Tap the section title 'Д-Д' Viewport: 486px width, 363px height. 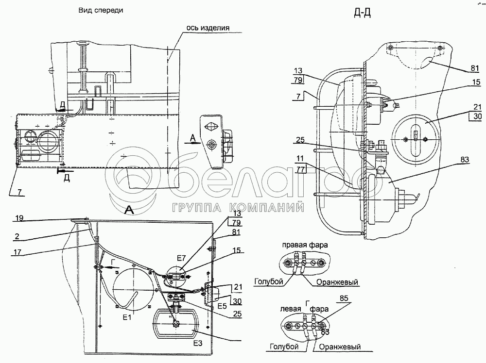[363, 13]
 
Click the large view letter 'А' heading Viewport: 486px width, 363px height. [129, 210]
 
